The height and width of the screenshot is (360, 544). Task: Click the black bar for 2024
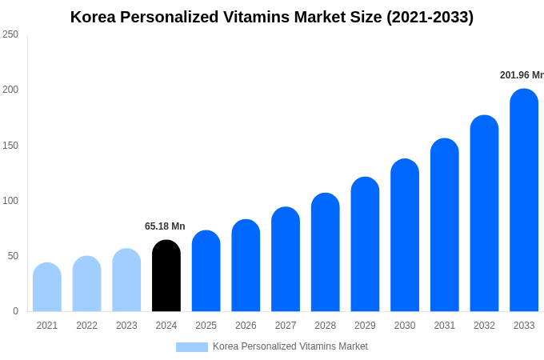coord(166,276)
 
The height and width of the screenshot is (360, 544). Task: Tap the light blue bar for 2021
coord(47,287)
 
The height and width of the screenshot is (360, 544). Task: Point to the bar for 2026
coord(246,266)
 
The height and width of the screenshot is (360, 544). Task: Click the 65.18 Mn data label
coord(165,226)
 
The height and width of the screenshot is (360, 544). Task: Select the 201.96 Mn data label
coord(522,75)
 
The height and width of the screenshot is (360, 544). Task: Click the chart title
coord(272,17)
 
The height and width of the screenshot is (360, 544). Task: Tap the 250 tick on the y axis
coord(10,34)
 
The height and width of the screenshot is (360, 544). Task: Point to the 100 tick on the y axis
coord(10,201)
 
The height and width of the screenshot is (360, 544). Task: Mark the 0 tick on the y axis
coord(15,311)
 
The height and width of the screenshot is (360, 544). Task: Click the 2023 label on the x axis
coord(126,326)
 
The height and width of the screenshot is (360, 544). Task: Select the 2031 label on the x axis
coord(445,326)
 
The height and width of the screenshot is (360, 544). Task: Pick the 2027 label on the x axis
coord(286,326)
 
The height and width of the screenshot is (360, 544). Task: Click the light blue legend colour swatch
coord(192,347)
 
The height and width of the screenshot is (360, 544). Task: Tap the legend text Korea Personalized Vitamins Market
coord(290,346)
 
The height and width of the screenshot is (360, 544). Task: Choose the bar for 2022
coord(87,284)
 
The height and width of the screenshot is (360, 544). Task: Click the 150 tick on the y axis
coord(10,146)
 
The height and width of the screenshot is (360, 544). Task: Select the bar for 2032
coord(484,214)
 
